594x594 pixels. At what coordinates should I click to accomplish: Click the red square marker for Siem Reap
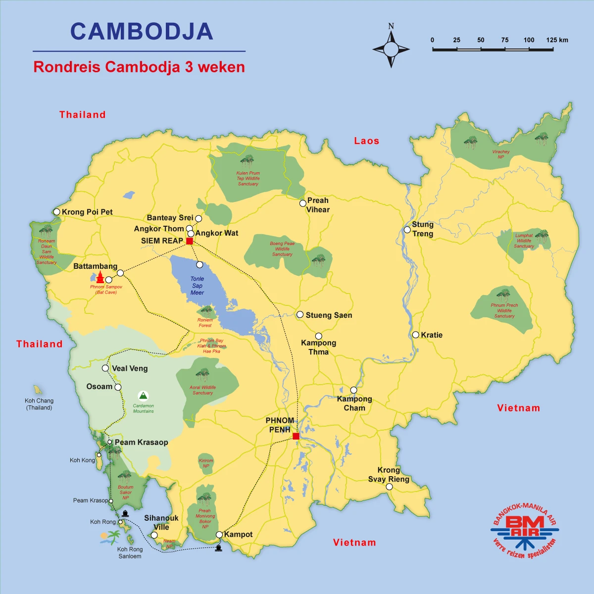[189, 241]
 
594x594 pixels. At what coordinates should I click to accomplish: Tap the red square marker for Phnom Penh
[296, 436]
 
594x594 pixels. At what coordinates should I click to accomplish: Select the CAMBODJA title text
[142, 32]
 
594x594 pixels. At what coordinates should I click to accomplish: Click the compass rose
[391, 49]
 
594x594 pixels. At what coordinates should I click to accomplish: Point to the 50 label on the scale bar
[481, 40]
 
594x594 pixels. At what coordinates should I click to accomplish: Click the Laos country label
[366, 141]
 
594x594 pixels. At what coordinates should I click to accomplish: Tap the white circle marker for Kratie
[416, 335]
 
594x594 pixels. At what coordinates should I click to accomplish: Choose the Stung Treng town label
[423, 229]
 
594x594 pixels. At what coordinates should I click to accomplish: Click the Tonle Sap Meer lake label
[197, 286]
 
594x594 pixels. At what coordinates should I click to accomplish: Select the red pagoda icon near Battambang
[100, 277]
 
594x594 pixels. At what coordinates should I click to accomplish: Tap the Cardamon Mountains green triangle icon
[143, 396]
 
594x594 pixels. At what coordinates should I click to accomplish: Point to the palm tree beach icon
[111, 537]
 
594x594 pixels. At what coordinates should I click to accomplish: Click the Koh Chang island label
[39, 404]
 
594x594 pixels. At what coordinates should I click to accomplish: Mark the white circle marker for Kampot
[219, 535]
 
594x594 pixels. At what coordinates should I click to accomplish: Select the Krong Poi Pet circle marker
[57, 212]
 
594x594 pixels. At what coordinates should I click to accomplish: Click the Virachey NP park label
[501, 154]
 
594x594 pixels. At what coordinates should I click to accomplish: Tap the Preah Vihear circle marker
[302, 203]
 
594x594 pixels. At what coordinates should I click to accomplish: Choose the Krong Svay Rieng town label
[389, 475]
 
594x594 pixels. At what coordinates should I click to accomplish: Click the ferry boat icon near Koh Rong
[125, 513]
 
